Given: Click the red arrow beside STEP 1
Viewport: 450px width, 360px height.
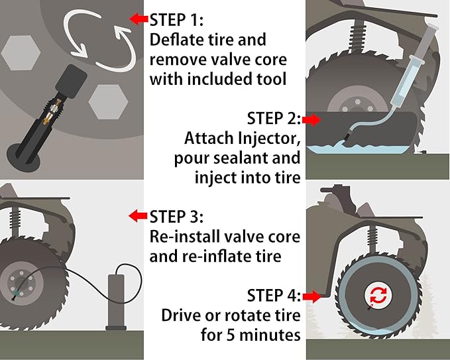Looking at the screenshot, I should (139, 19).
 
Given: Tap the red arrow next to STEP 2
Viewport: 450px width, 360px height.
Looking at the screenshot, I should (311, 119).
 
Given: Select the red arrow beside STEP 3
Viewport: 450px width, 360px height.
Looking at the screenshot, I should (138, 216).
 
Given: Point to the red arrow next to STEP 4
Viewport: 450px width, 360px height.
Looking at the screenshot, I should (311, 296).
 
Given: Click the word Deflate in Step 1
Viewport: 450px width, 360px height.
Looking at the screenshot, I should (175, 39).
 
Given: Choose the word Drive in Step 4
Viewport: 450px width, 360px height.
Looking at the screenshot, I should (182, 315).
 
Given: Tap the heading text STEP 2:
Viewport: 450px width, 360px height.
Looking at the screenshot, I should (274, 119).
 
